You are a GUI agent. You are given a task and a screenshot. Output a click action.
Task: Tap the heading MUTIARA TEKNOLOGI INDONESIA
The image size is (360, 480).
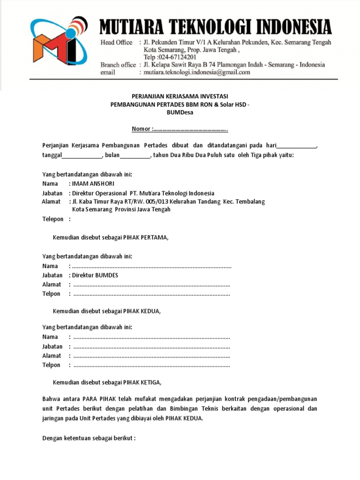216,28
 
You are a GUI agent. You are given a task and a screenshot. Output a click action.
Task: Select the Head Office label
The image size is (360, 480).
117,42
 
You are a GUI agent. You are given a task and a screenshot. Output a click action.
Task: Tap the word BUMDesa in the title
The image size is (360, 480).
180,112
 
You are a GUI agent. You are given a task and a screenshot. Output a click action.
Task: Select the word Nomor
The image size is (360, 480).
141,129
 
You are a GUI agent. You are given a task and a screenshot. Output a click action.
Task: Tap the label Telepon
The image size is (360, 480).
53,219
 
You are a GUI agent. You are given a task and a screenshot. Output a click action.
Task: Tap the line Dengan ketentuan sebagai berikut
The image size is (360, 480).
89,439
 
